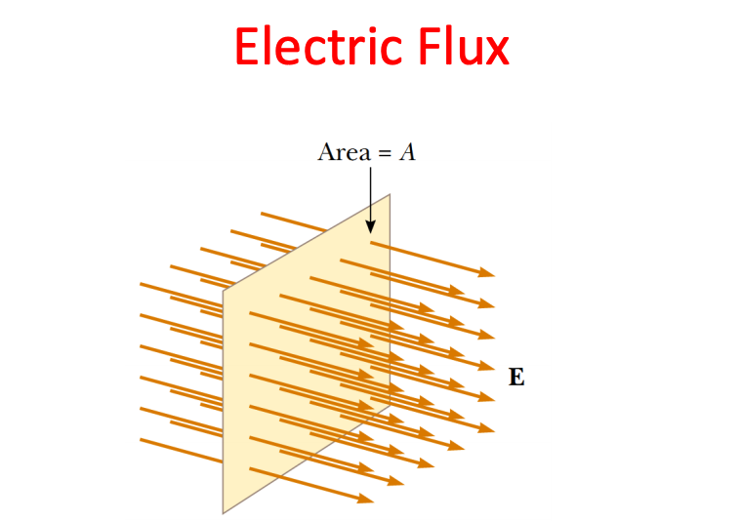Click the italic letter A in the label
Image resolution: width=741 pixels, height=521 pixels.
[x=408, y=152]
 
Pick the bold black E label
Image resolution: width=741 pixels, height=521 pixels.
[x=516, y=378]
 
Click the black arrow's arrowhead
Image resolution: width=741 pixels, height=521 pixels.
[x=371, y=226]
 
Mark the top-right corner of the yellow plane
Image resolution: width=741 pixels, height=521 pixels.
[x=391, y=194]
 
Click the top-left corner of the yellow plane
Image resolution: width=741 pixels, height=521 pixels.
[x=224, y=290]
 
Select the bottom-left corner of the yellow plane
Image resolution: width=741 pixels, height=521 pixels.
[x=224, y=513]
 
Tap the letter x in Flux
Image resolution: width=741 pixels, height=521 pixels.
[x=495, y=51]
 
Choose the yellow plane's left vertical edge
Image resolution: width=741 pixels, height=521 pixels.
[x=224, y=400]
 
